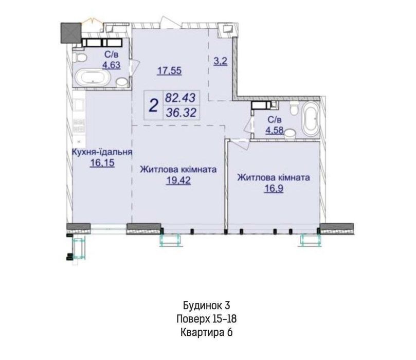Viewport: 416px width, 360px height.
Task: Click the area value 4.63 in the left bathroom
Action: click(112, 65)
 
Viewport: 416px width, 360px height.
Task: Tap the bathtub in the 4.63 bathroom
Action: click(93, 78)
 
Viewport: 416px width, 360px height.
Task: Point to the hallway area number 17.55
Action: click(170, 71)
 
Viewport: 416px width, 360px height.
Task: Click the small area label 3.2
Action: click(221, 61)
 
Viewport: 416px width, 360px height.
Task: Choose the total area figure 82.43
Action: click(180, 98)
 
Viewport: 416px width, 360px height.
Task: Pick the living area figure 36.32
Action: click(181, 113)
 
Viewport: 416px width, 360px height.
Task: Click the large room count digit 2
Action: click(154, 105)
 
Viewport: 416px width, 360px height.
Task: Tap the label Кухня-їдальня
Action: click(102, 152)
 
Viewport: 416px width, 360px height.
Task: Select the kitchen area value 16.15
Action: click(102, 163)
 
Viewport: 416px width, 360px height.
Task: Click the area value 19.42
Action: click(178, 181)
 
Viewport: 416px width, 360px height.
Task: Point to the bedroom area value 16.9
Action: click(274, 189)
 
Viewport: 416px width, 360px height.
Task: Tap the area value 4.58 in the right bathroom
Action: click(275, 131)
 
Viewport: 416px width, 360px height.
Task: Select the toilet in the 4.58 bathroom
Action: click(294, 108)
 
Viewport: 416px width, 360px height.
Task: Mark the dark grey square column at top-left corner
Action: click(71, 33)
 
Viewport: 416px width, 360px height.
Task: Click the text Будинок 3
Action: click(206, 305)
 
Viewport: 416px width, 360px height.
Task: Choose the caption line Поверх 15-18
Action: click(206, 319)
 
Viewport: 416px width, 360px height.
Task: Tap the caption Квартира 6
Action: click(206, 332)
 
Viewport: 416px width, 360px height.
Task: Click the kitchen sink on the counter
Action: click(79, 105)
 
